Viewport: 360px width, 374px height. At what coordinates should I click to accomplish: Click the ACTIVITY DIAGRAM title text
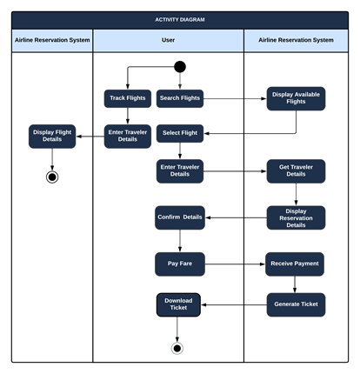tap(179, 19)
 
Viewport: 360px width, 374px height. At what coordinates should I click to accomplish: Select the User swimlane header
tap(168, 41)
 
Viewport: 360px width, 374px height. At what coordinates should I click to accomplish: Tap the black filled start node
tap(180, 67)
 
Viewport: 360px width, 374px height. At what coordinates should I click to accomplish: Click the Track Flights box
tap(128, 98)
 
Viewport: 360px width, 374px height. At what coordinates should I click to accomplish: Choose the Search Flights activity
tap(180, 98)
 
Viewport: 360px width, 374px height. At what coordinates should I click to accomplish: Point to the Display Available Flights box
tap(296, 98)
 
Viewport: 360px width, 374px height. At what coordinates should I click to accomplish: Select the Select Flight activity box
tap(180, 134)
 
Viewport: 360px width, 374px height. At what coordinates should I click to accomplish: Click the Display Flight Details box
tap(52, 136)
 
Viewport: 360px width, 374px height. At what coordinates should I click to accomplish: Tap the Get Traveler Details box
tap(296, 170)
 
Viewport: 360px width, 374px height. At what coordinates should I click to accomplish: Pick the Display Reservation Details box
tap(296, 217)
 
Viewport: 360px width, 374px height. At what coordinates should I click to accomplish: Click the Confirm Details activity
tap(180, 217)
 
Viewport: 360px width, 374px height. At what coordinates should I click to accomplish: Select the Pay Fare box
tap(180, 263)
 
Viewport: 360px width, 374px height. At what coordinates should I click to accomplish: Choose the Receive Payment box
tap(296, 263)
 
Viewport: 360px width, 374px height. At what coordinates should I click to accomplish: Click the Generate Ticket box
tap(296, 304)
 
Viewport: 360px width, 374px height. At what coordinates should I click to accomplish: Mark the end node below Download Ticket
tap(177, 348)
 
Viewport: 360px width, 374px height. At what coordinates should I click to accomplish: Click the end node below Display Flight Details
tap(52, 177)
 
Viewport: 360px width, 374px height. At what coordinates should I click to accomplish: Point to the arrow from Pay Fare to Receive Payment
tap(235, 263)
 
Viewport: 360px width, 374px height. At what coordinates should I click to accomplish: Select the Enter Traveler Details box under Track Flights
tap(128, 136)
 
